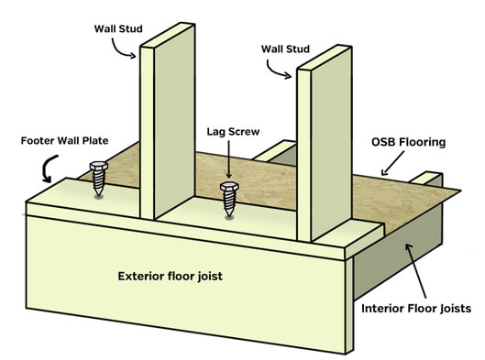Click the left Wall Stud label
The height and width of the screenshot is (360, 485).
coord(118,28)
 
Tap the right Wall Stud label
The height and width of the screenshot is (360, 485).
coord(285,49)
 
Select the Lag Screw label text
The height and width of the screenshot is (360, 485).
coord(233,132)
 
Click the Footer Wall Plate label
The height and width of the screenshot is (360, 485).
coord(65,141)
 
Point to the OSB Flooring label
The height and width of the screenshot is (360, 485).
coord(408,142)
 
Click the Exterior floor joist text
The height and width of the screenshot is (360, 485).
coord(171,276)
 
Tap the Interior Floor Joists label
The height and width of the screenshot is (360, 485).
coord(416,309)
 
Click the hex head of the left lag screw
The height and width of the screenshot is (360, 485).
coord(99,166)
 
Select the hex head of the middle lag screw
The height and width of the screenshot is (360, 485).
coord(229,187)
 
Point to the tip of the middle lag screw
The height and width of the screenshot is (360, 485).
coord(229,216)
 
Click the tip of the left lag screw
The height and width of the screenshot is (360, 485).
coord(99,195)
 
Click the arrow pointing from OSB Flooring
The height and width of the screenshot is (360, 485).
coord(392,163)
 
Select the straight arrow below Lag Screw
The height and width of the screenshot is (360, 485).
coord(229,159)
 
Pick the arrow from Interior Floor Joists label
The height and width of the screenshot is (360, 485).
coord(416,271)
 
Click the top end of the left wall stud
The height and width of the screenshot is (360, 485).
coord(168,35)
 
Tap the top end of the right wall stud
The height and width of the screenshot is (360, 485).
coord(325,57)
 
